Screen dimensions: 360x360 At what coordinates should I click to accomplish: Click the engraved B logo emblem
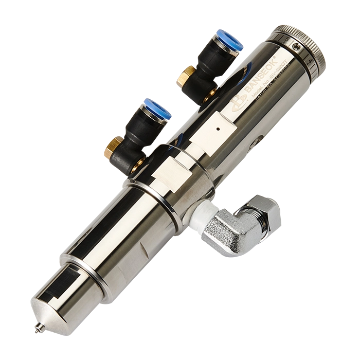[238, 103]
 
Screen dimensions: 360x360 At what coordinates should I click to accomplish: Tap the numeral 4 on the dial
[312, 60]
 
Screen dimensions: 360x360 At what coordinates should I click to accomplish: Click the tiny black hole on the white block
[219, 125]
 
